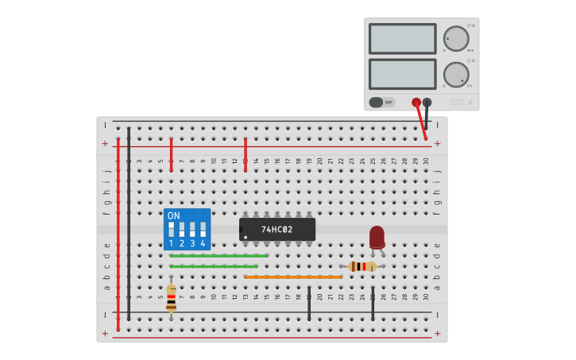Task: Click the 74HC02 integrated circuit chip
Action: click(277, 230)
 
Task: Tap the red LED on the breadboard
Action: click(377, 237)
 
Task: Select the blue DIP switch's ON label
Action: click(174, 215)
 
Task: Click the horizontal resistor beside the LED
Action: click(363, 266)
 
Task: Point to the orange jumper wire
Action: click(293, 277)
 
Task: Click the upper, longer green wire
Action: click(218, 256)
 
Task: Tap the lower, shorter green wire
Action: click(213, 266)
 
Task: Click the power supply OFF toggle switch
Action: click(382, 103)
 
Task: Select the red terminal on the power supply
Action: click(416, 103)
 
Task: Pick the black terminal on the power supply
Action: click(427, 103)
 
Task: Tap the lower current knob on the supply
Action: click(456, 75)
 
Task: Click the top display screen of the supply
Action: click(402, 38)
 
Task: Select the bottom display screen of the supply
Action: click(402, 74)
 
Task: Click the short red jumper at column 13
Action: click(245, 154)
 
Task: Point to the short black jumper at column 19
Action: click(309, 304)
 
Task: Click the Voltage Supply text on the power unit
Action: click(456, 103)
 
